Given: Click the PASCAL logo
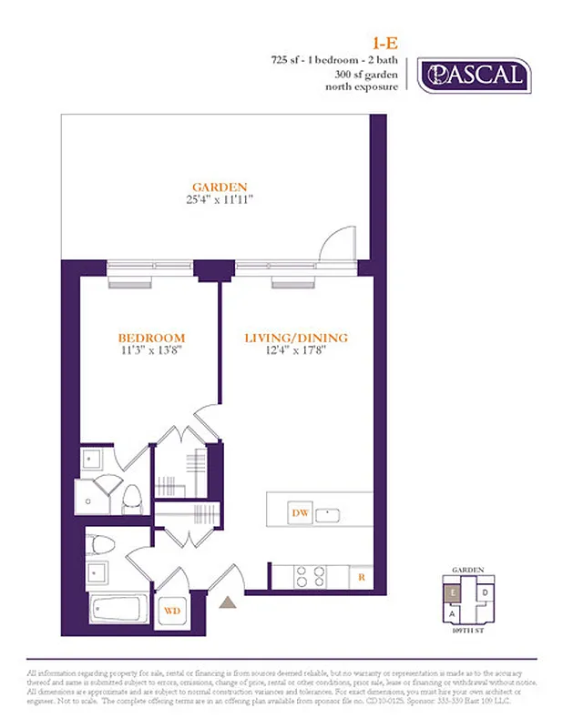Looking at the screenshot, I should pyautogui.click(x=473, y=75).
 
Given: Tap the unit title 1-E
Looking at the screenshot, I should pyautogui.click(x=382, y=42).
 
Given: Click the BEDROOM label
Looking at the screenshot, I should pyautogui.click(x=153, y=337).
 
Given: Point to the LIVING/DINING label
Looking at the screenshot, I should pyautogui.click(x=296, y=338).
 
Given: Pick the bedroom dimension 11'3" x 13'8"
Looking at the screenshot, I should pyautogui.click(x=153, y=349).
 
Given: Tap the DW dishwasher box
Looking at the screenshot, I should pyautogui.click(x=300, y=513).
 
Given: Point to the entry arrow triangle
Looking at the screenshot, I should pyautogui.click(x=228, y=602).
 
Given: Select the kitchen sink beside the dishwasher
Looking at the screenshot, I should pyautogui.click(x=330, y=514).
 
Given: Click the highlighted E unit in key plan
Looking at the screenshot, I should pyautogui.click(x=452, y=591).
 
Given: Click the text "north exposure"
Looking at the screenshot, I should pyautogui.click(x=363, y=87).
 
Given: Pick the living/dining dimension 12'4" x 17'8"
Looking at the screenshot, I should pyautogui.click(x=296, y=350).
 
